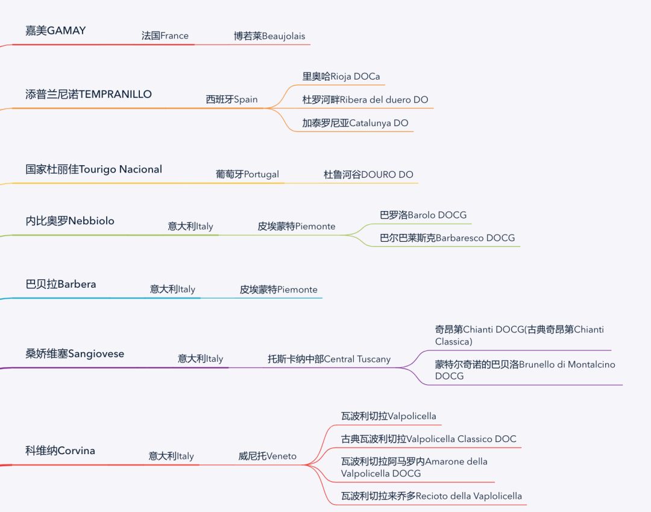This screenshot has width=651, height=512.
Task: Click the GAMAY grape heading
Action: (x=55, y=31)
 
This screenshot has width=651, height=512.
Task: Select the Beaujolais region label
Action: (x=272, y=36)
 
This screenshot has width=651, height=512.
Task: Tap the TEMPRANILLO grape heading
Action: (x=89, y=94)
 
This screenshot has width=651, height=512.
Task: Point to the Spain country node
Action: (x=231, y=100)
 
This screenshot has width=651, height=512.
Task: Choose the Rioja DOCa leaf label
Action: (x=341, y=77)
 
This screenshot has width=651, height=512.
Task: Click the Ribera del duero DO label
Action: (x=365, y=100)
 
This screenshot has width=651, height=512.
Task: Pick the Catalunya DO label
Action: (x=355, y=123)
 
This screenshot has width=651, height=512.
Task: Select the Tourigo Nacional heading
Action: (x=93, y=169)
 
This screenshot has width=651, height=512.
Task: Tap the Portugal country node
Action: (x=247, y=174)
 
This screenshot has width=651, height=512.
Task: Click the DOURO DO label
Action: (x=368, y=175)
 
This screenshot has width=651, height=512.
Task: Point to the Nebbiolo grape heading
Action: (x=70, y=221)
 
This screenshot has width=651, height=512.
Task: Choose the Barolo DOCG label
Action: (x=423, y=215)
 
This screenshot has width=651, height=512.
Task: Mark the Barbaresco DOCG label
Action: (x=447, y=238)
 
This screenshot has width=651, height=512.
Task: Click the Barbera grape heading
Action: (x=61, y=284)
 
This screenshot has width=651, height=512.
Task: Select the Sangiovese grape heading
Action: (x=75, y=353)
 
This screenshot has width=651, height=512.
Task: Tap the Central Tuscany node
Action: (x=329, y=359)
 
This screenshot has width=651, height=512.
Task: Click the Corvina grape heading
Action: (x=60, y=450)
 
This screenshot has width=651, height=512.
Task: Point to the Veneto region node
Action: (x=267, y=457)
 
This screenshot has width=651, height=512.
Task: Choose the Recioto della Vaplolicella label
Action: (x=432, y=496)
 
